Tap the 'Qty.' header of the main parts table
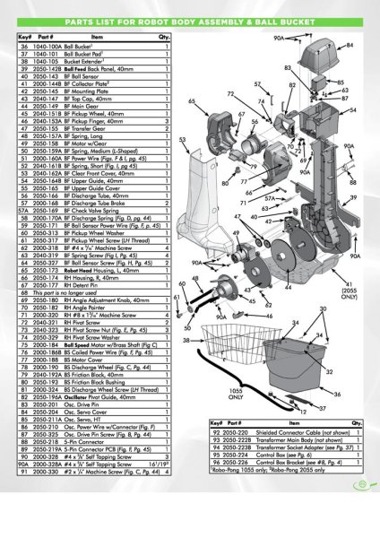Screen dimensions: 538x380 (x=165, y=37)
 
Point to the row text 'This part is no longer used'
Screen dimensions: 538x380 (x=71, y=293)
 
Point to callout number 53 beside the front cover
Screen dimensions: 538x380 (x=182, y=140)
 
